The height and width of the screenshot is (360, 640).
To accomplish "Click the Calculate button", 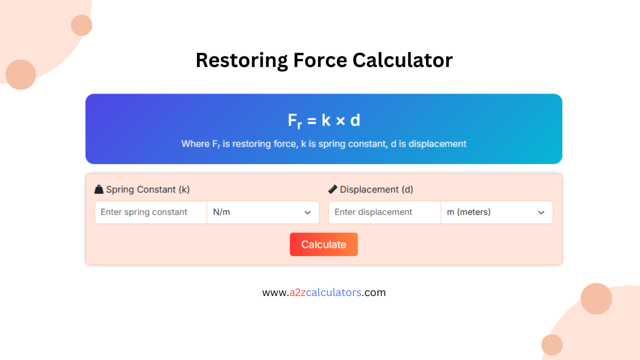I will click(323, 244).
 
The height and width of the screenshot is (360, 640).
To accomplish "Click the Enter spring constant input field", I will click(150, 212).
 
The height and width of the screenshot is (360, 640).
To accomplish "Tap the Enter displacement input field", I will click(384, 212).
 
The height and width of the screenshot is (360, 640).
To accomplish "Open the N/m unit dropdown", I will click(262, 212).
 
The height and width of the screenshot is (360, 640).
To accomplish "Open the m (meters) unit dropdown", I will click(496, 212).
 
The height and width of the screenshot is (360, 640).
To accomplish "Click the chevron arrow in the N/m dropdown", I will click(307, 212).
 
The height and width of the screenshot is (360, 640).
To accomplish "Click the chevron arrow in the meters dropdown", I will click(541, 212).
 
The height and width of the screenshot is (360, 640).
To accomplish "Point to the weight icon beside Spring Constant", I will click(99, 189).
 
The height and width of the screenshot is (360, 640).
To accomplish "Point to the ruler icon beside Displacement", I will click(332, 189).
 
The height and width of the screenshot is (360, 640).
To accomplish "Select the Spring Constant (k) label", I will click(148, 189).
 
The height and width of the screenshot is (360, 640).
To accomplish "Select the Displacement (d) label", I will click(376, 189).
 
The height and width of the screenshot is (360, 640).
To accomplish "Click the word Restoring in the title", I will click(241, 60).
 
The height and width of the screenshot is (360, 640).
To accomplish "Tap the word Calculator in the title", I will click(402, 60).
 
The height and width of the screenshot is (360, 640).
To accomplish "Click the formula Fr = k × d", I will click(324, 120).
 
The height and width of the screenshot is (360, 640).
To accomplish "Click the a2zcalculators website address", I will click(324, 292).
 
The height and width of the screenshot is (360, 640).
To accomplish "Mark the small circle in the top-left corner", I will click(81, 25).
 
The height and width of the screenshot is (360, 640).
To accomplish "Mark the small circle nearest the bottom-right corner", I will click(552, 345).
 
